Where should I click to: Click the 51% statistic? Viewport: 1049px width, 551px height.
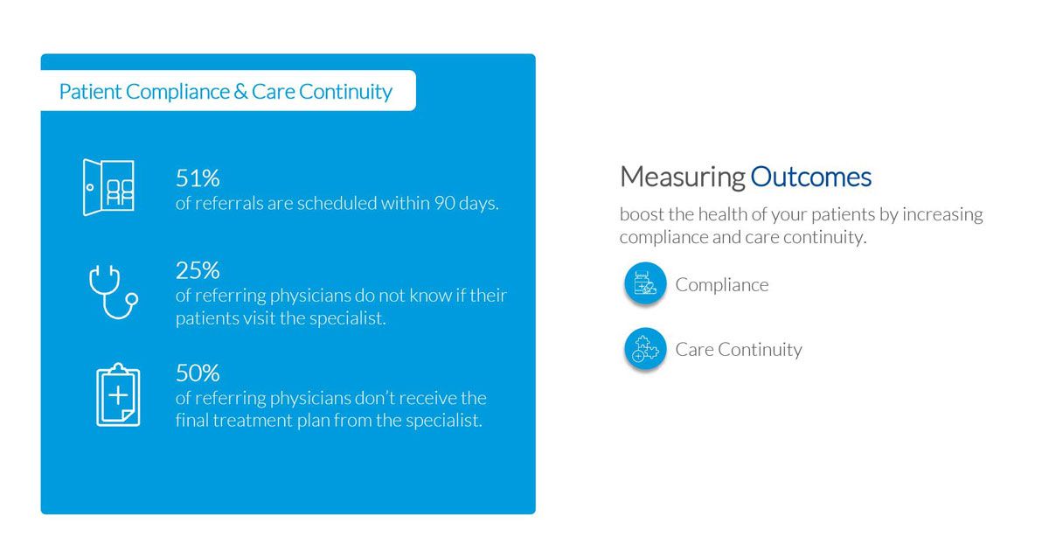198,178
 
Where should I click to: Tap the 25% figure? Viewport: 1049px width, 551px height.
198,271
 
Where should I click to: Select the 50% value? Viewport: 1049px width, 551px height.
198,373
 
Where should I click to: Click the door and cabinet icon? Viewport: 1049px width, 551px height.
108,187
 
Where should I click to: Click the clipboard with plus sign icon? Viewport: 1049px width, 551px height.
117,395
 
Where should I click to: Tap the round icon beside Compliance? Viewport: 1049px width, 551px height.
646,284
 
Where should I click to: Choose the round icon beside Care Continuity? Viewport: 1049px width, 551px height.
646,349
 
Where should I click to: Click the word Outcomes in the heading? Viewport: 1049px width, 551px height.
810,178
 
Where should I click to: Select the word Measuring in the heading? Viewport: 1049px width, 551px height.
682,178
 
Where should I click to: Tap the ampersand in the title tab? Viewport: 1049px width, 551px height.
240,92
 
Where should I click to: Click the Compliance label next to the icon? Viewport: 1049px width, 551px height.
722,285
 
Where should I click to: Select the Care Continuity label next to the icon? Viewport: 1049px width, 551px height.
739,350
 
